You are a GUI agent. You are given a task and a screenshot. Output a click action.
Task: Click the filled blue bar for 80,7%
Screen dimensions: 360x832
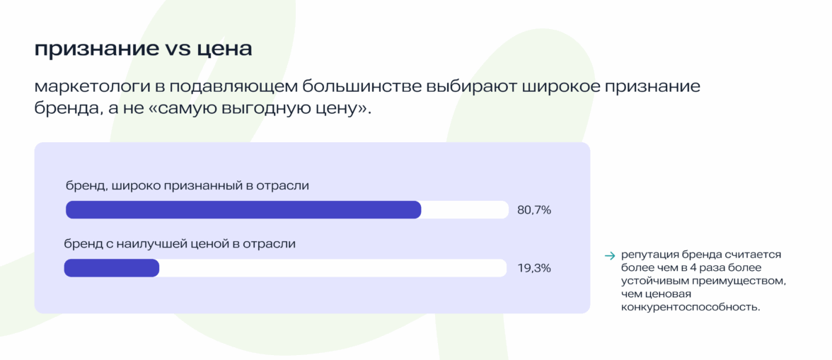(x=243, y=209)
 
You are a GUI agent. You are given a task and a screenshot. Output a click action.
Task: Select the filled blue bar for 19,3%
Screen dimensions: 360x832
(x=111, y=268)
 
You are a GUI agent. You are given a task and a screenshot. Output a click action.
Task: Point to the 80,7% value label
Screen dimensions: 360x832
(x=534, y=210)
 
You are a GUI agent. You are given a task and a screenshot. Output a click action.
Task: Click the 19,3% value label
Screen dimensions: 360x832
(x=534, y=269)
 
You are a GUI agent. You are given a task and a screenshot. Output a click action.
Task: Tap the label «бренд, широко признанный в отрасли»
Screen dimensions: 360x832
(x=187, y=185)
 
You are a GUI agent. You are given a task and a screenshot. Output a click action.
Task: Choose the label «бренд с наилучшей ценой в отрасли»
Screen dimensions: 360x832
(x=180, y=244)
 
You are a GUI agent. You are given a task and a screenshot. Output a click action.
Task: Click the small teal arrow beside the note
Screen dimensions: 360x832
(x=609, y=255)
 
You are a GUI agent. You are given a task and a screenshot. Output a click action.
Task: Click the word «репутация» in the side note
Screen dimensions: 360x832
(x=644, y=255)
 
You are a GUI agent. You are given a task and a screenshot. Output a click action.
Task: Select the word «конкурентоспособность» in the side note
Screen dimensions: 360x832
(x=690, y=307)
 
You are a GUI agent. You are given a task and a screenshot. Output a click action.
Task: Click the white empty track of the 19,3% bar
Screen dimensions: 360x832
(x=333, y=268)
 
